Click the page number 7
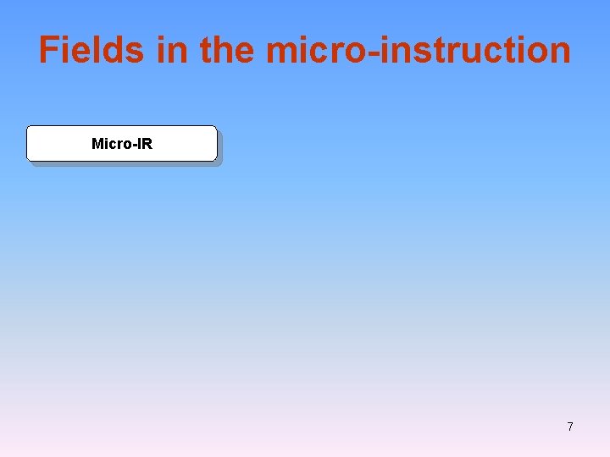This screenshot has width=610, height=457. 570,427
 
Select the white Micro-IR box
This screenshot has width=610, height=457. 122,144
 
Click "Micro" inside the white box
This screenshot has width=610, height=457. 110,144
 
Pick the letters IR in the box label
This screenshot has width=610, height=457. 145,144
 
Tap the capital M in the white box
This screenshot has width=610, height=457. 97,144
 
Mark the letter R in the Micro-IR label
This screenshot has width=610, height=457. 147,144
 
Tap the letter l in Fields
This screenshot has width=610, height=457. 99,50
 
